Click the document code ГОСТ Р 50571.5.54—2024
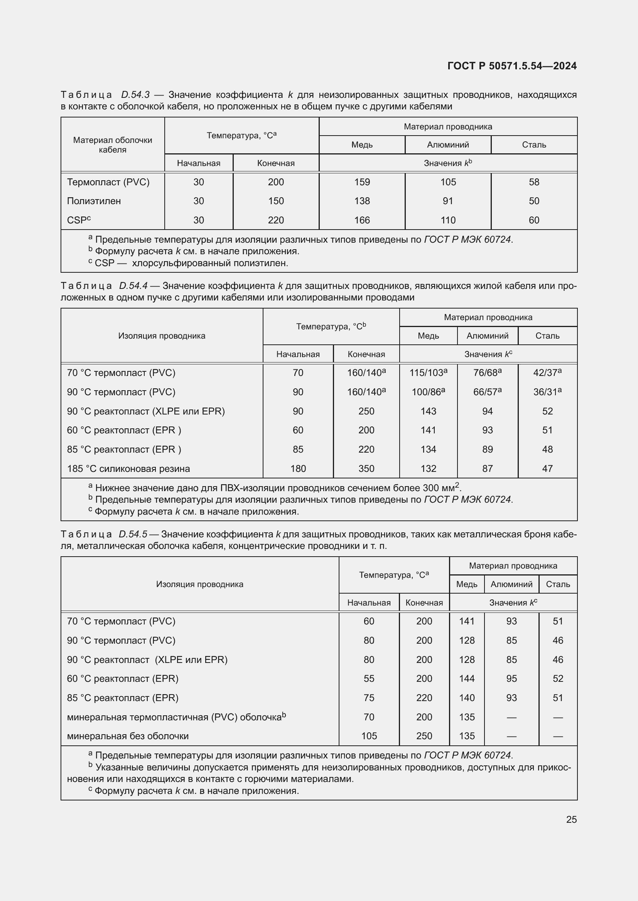pos(511,66)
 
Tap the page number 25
pos(571,819)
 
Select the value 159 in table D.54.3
pos(362,182)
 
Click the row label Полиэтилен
pos(94,201)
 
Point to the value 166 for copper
pos(362,220)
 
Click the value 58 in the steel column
pos(534,182)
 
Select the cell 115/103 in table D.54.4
pos(428,373)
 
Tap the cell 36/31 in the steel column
pos(547,392)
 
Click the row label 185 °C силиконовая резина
pos(128,468)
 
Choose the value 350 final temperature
pos(366,468)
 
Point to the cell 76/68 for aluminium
pos(487,373)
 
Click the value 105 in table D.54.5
pos(369,736)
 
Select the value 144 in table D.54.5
pos(467,678)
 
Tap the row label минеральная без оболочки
pos(128,736)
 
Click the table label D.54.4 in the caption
pos(133,286)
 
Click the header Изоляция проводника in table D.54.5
pos(199,584)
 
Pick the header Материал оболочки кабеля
pos(112,145)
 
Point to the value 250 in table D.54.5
pos(424,736)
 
